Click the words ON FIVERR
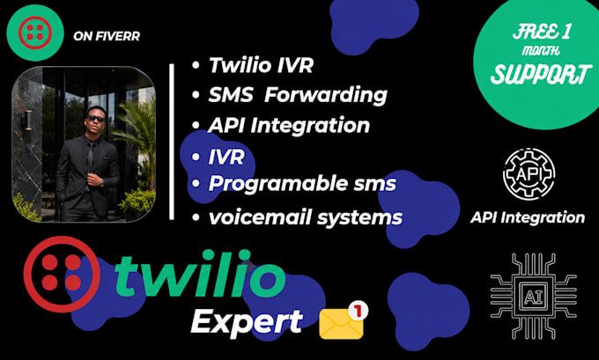[x=107, y=36]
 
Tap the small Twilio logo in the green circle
[x=34, y=33]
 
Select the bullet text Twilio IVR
[x=262, y=64]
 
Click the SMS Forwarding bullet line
[x=298, y=94]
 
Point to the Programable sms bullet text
[x=302, y=184]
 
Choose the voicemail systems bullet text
[x=306, y=217]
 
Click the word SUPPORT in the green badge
[x=538, y=74]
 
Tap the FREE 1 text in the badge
[x=542, y=32]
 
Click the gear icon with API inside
[x=529, y=173]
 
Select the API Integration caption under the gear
[x=528, y=217]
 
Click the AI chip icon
[x=534, y=297]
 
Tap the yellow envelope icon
[x=341, y=324]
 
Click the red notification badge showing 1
[x=358, y=311]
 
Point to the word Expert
[x=247, y=322]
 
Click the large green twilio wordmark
[x=200, y=274]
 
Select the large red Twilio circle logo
[x=62, y=274]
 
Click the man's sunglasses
[x=96, y=119]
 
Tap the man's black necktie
[x=89, y=157]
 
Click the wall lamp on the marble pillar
[x=28, y=120]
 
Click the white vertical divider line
[x=172, y=142]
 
